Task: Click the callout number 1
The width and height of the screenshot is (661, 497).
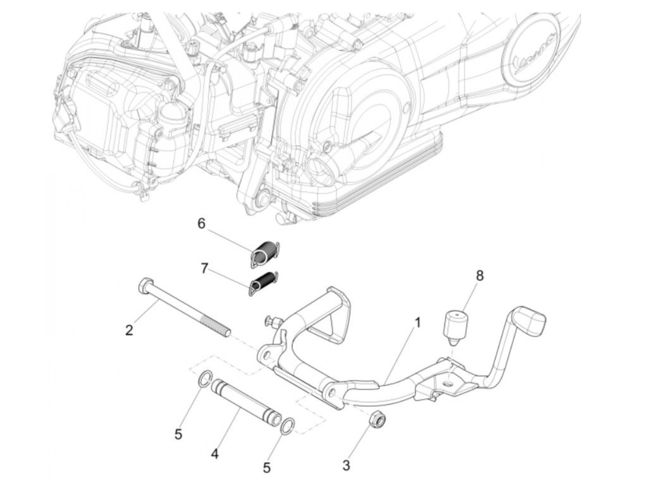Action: point(417,323)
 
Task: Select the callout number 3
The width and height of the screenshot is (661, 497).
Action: point(346,465)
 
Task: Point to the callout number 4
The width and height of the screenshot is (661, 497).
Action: point(215,454)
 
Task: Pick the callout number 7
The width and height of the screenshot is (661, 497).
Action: point(204,269)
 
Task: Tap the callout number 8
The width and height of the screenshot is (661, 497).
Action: point(480,275)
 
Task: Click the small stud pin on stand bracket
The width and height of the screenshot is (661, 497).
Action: point(272,322)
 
